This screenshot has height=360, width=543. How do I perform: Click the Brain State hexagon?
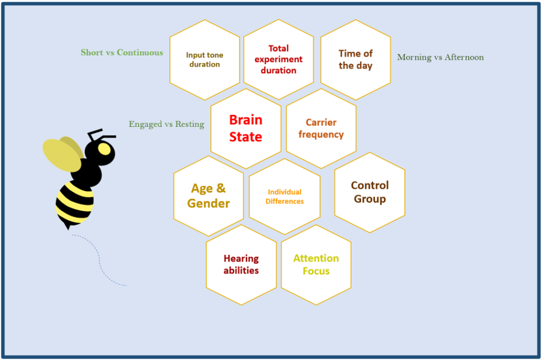click(x=245, y=128)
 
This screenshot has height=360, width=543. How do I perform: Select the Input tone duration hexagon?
click(x=204, y=59)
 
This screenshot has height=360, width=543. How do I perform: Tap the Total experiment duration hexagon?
click(x=278, y=59)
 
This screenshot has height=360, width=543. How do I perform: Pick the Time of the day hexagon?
click(x=356, y=59)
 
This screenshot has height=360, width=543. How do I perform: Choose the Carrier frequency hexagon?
click(x=321, y=128)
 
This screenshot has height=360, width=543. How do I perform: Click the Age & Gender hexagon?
click(x=209, y=196)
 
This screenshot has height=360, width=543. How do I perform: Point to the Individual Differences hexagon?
click(x=285, y=196)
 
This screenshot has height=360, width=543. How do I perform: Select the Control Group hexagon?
click(x=369, y=192)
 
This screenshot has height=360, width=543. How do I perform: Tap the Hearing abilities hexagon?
click(x=241, y=264)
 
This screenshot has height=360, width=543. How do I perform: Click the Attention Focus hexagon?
click(x=316, y=264)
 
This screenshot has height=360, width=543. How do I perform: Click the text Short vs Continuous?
click(x=122, y=53)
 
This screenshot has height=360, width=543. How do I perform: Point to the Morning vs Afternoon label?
click(x=440, y=57)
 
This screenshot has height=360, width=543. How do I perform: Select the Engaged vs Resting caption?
click(x=166, y=124)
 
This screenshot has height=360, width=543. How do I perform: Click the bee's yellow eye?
click(x=105, y=150)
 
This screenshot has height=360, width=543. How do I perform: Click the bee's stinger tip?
click(x=67, y=228)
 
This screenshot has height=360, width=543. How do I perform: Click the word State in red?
click(x=245, y=137)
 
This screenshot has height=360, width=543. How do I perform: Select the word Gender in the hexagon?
click(x=209, y=203)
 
